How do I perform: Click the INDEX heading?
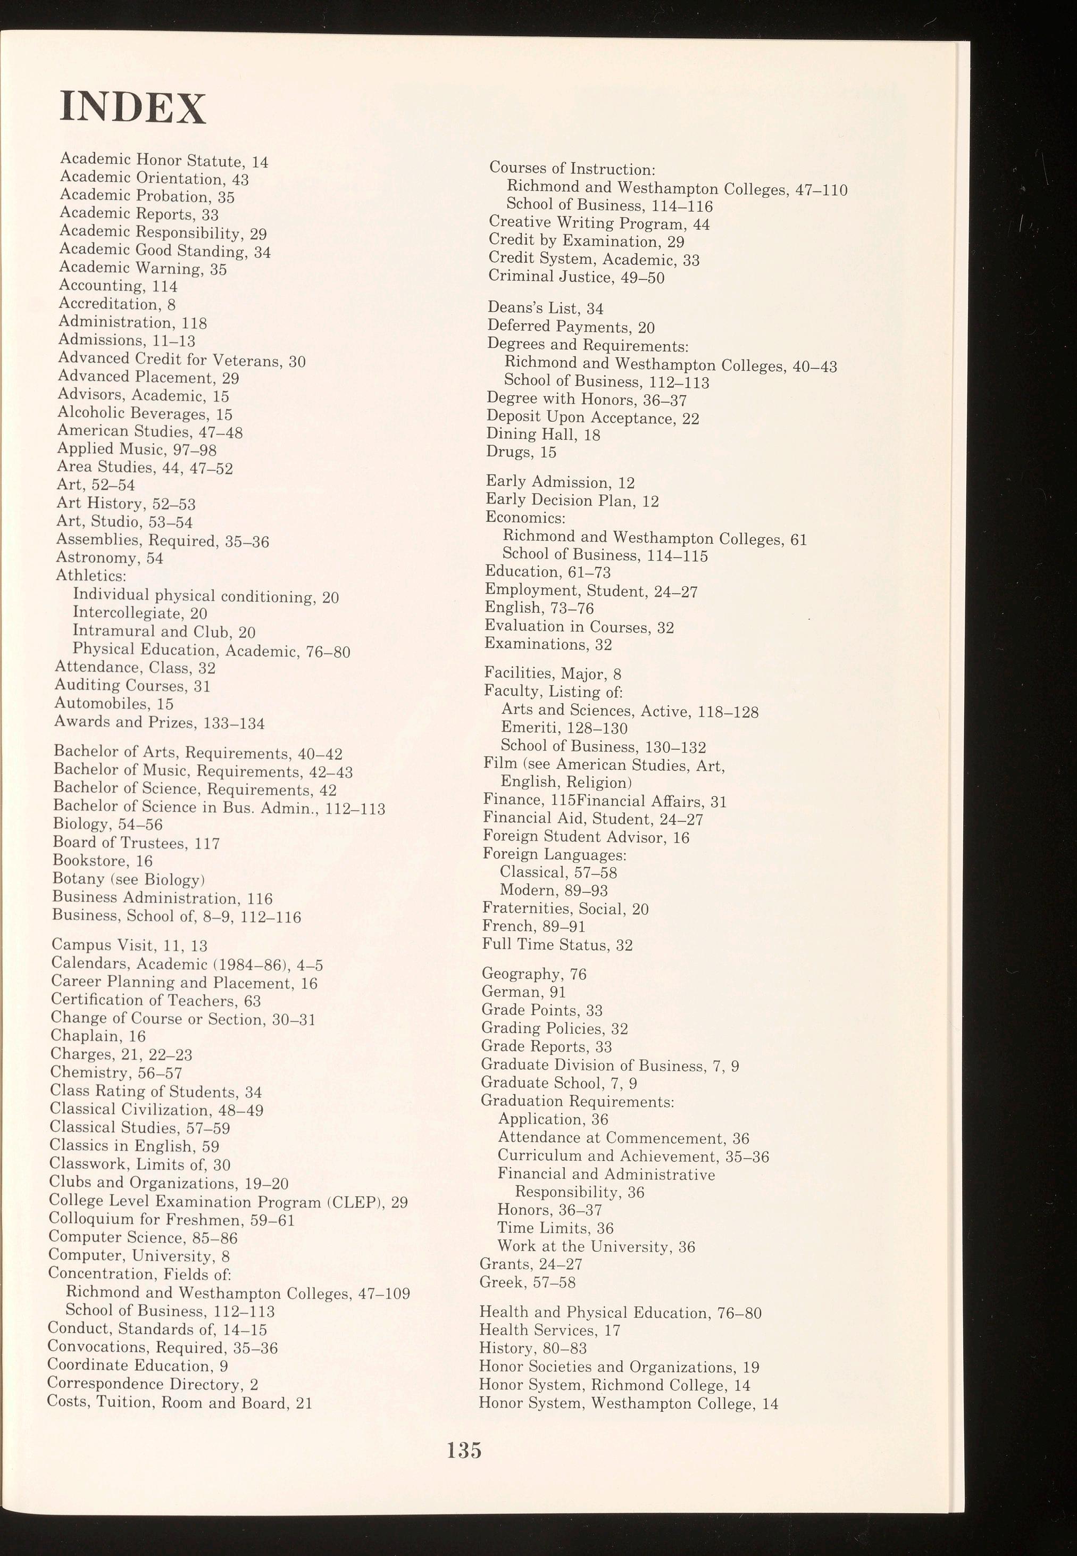point(132,108)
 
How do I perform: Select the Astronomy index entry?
point(110,558)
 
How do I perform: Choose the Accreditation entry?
point(118,304)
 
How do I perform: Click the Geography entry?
point(534,973)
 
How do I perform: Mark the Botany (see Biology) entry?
point(128,879)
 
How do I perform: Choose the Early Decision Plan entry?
point(572,500)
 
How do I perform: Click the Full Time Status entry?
point(557,944)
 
